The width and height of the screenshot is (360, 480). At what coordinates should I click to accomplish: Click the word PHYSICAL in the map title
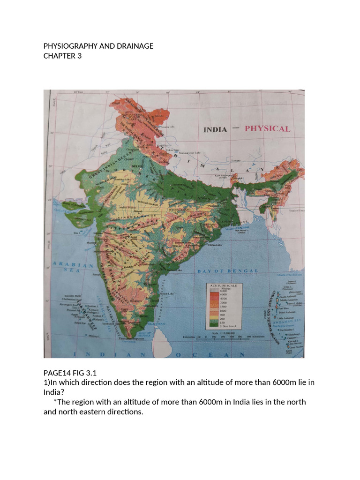[267, 128]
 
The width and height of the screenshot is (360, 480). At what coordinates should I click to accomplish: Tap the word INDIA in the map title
[215, 130]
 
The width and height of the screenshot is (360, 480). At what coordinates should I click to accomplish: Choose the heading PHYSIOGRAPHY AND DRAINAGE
[98, 46]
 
